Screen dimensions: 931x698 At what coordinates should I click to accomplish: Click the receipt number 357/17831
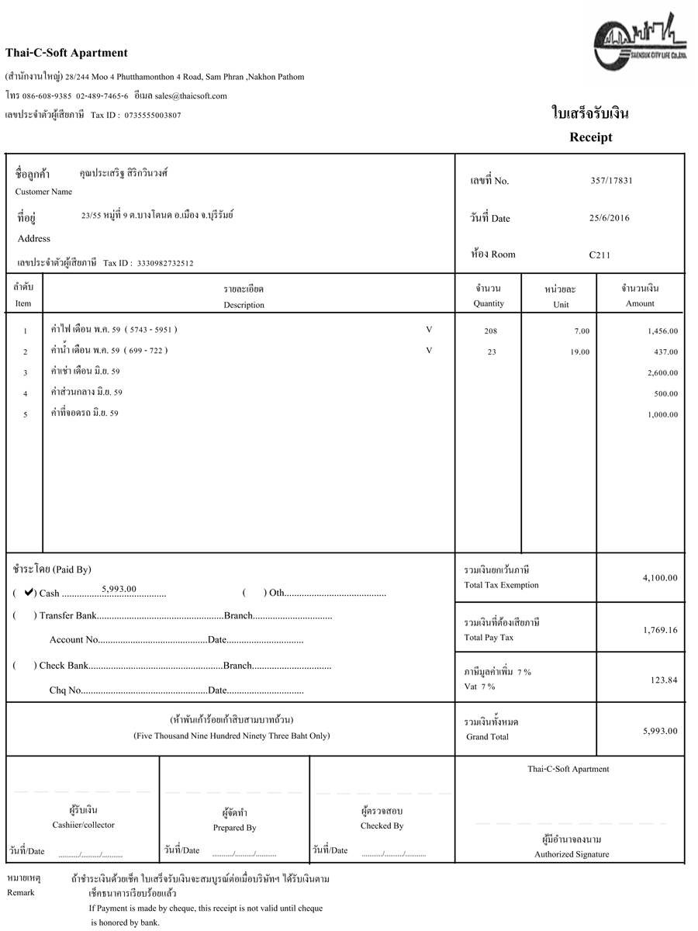click(x=611, y=180)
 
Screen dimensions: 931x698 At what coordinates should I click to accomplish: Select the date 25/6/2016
click(x=610, y=218)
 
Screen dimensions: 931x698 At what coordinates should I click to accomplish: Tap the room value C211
click(x=600, y=254)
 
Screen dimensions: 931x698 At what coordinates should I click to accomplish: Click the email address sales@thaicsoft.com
click(x=191, y=96)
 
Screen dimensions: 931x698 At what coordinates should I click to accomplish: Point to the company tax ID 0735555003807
click(x=153, y=116)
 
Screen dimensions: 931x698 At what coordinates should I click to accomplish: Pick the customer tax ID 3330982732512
click(x=165, y=264)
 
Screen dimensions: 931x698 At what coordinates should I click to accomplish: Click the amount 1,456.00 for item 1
click(x=662, y=331)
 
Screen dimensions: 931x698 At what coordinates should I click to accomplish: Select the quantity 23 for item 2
click(x=490, y=352)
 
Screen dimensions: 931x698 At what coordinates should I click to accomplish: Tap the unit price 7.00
click(x=582, y=331)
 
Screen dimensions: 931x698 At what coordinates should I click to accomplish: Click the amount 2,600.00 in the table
click(x=662, y=373)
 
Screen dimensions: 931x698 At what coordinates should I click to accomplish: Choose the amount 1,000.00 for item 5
click(x=662, y=415)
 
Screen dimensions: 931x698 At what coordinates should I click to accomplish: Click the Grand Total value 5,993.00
click(x=660, y=731)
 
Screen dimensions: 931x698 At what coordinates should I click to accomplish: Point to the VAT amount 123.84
click(x=664, y=680)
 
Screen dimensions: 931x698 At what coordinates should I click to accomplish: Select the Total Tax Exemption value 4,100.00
click(x=660, y=578)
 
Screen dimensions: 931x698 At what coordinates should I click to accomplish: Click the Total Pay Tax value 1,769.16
click(x=660, y=630)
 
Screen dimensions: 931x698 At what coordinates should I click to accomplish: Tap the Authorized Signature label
click(x=572, y=854)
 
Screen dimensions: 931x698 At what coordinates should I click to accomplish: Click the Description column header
click(x=244, y=305)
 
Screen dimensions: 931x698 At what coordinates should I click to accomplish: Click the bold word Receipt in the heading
click(x=591, y=137)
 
